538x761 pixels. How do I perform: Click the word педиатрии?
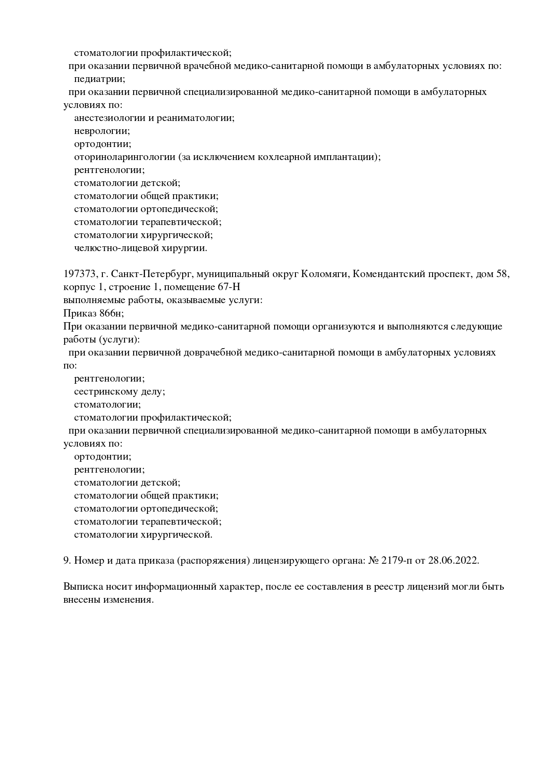coord(99,79)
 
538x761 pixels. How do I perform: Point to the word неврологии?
coord(102,131)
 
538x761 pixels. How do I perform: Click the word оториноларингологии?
coord(125,157)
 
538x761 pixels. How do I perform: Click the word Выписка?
coord(81,587)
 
